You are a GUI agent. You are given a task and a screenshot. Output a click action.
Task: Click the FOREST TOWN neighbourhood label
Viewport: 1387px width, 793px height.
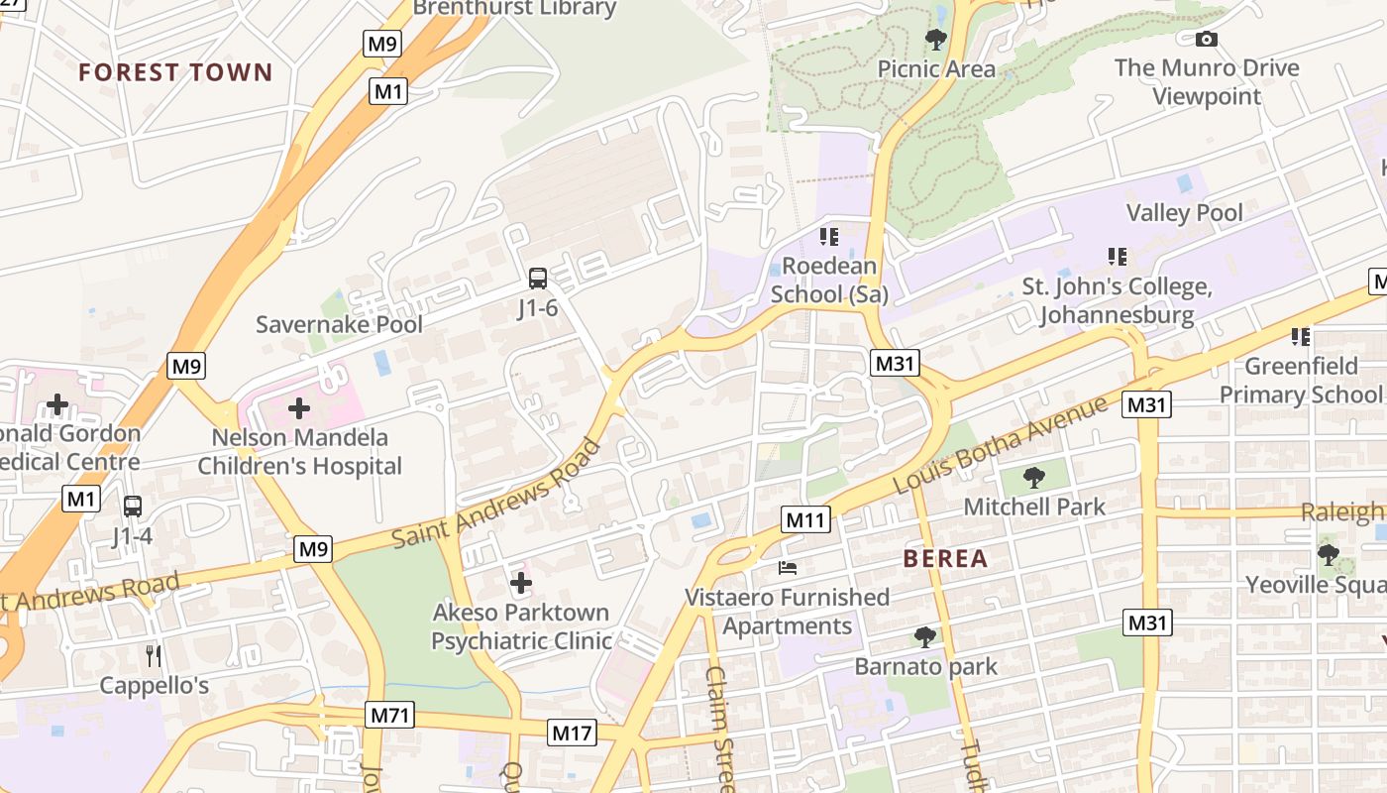point(174,72)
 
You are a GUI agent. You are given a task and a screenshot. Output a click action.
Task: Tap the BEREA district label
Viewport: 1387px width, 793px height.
point(945,559)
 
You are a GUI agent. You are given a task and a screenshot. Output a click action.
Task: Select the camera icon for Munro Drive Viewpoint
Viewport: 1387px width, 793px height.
point(1206,39)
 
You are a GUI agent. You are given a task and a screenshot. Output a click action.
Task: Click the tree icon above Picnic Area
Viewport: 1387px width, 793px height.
point(935,40)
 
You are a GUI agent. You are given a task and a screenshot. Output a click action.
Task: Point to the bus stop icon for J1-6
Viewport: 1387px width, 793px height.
point(538,279)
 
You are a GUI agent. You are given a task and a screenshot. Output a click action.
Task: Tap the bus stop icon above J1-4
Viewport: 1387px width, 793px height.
point(132,507)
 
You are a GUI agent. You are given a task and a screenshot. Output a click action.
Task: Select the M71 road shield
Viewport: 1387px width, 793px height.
point(389,715)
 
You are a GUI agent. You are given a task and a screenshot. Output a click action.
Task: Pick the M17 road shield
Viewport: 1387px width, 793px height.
point(572,734)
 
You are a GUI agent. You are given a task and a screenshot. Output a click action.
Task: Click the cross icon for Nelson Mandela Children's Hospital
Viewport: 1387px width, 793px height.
point(298,407)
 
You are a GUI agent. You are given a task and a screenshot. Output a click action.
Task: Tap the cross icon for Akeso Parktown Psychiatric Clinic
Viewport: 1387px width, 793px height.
point(520,583)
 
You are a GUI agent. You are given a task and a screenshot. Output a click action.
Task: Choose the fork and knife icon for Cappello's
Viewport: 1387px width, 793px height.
point(154,655)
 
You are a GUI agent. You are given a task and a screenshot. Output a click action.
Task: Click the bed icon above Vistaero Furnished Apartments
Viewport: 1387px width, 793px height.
point(788,568)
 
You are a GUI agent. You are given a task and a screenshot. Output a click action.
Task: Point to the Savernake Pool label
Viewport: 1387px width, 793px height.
point(339,324)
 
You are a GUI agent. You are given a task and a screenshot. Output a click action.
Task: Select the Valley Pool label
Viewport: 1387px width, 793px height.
point(1184,213)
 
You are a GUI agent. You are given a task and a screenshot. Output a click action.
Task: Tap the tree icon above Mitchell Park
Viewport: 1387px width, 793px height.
point(1033,477)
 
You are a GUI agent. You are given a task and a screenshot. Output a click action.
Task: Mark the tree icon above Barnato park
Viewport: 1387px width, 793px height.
point(924,636)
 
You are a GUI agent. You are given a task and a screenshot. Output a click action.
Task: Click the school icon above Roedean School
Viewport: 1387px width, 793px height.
point(828,237)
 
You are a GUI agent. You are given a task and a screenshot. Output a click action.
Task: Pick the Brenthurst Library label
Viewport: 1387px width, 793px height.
point(514,9)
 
